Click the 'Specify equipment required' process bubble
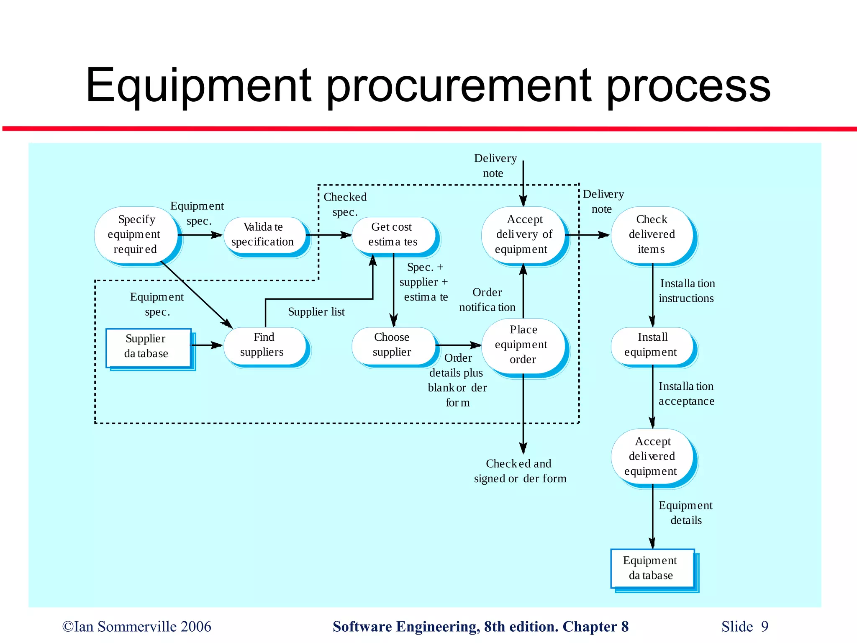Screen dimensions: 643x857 (136, 235)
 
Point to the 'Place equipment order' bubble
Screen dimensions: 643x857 (523, 345)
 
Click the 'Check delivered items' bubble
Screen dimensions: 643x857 (652, 235)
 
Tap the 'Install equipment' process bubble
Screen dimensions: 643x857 (652, 345)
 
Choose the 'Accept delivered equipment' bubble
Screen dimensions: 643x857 (652, 456)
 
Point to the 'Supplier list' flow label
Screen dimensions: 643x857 (316, 312)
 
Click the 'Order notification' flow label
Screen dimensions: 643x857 (487, 300)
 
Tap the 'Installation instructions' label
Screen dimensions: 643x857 (687, 291)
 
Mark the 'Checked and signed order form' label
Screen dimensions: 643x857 (520, 471)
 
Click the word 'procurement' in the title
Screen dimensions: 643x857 (458, 86)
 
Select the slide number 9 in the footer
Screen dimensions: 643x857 (765, 627)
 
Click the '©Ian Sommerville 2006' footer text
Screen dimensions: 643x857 (137, 627)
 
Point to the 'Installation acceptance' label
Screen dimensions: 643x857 (686, 394)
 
